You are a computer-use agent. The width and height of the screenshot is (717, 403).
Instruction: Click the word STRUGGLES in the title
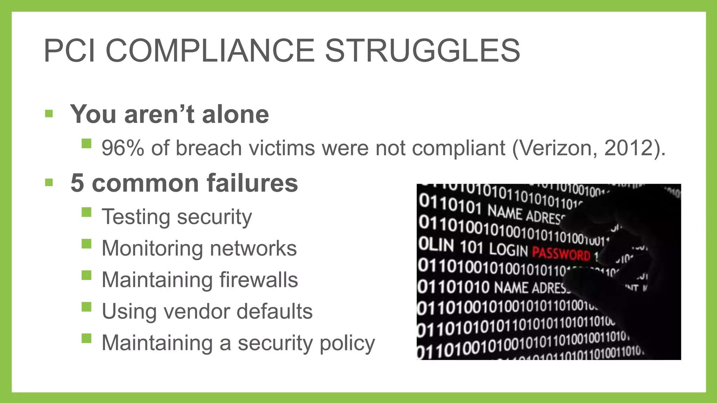point(423,51)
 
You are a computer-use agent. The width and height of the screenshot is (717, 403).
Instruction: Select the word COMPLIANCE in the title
point(210,51)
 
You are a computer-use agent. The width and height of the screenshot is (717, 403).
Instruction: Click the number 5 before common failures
point(77,183)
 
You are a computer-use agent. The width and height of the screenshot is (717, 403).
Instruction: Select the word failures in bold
point(252,183)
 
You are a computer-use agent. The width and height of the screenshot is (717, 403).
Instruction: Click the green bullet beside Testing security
point(86,212)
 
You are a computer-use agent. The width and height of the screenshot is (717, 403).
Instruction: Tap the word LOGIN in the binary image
point(508,250)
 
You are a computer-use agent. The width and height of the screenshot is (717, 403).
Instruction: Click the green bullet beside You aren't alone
point(49,114)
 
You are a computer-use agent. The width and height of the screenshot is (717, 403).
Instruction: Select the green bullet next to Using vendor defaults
point(86,307)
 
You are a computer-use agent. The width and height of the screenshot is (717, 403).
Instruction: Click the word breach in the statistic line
point(209,148)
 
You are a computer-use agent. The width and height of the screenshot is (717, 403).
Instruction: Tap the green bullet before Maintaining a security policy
point(86,338)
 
